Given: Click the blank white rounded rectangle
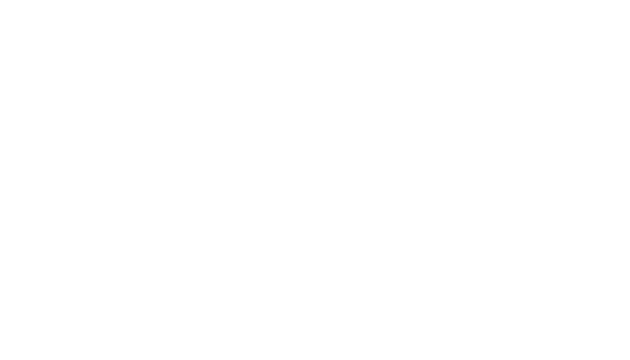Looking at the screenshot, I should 315,340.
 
